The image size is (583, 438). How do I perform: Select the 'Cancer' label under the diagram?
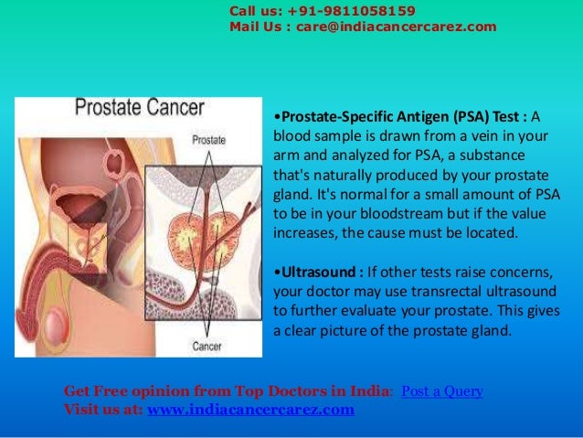pyautogui.click(x=207, y=347)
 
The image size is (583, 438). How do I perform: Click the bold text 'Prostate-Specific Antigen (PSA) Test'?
pyautogui.click(x=399, y=118)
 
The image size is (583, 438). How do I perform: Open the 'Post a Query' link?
pyautogui.click(x=442, y=391)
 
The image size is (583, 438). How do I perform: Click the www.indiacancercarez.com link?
pyautogui.click(x=250, y=409)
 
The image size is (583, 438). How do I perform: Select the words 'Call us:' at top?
pyautogui.click(x=256, y=11)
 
